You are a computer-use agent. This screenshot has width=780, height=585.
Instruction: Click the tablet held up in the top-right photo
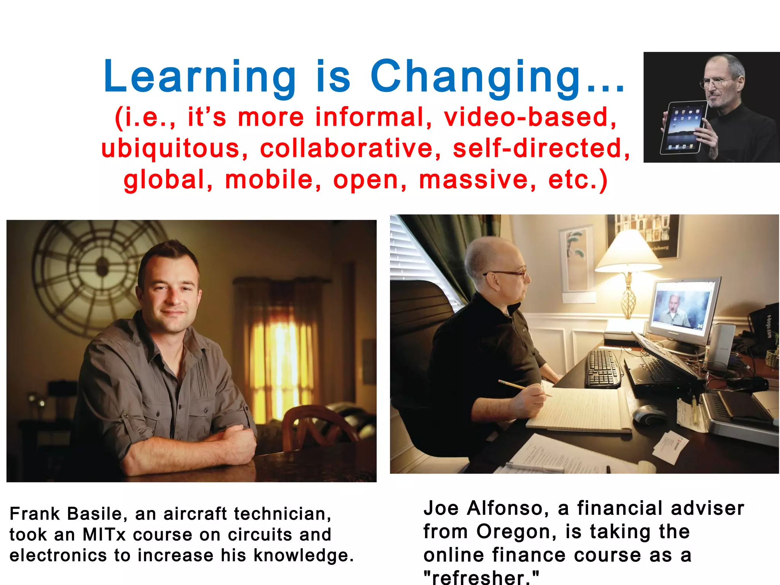684,128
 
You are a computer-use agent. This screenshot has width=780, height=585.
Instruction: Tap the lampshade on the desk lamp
628,251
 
